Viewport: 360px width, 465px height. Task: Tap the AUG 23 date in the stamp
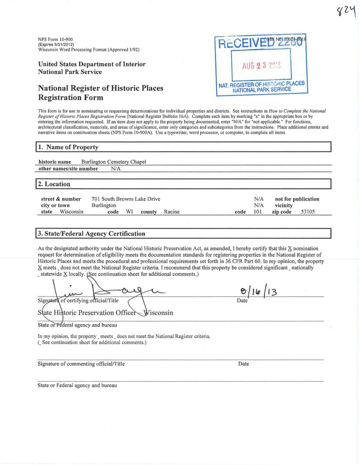[261, 66]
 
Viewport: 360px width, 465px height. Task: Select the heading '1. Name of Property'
[69, 147]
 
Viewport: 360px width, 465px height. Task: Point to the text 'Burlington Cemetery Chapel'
[114, 162]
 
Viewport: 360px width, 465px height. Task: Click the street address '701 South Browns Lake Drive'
[126, 199]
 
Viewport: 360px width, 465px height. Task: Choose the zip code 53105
[308, 212]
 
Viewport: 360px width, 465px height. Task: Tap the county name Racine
[172, 212]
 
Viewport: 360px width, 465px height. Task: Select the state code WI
[130, 212]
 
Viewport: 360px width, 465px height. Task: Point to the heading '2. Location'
[54, 184]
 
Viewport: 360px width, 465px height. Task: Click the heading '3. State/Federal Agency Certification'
[91, 234]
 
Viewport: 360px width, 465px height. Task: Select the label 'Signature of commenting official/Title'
[81, 364]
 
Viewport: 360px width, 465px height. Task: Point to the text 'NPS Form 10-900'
[55, 39]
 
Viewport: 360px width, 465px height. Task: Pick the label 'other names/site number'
[68, 169]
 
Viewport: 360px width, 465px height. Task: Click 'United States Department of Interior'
[91, 64]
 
